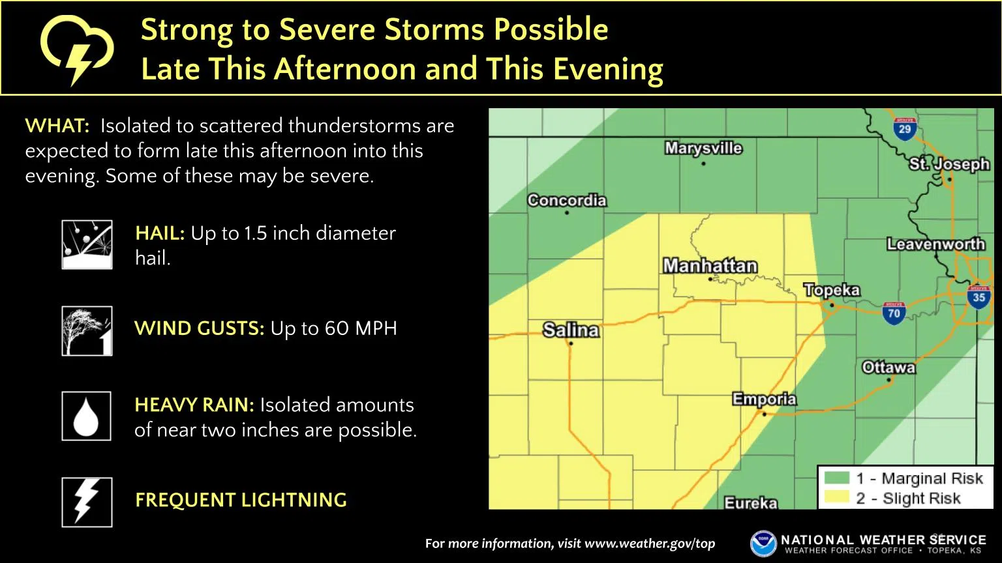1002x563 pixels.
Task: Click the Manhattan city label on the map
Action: coord(710,266)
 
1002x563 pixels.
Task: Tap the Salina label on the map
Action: coord(571,330)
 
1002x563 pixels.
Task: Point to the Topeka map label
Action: coord(832,290)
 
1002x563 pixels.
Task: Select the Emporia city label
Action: coord(765,399)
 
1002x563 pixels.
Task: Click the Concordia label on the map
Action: coord(567,200)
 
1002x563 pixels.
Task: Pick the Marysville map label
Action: coord(703,149)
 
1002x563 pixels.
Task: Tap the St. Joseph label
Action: coord(949,164)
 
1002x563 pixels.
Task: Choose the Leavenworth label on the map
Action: coord(935,244)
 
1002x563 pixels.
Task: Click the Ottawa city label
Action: coord(888,368)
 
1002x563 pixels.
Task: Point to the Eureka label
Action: coord(751,502)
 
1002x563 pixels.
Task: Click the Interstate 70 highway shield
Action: coord(894,313)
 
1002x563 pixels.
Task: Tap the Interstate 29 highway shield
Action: coord(904,128)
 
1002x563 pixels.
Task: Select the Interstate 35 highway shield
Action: coord(979,296)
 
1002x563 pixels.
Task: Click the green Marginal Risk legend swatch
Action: coord(836,478)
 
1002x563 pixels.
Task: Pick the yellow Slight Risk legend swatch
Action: coord(836,498)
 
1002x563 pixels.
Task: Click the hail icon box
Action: coord(87,244)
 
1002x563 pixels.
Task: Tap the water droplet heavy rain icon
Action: coord(87,416)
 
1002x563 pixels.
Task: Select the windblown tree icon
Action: coord(87,331)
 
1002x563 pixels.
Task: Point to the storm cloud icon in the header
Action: coord(77,49)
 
